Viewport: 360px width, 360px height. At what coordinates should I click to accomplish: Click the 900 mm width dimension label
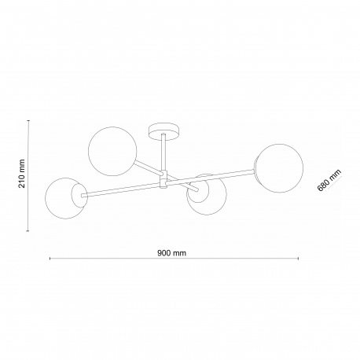pyautogui.click(x=171, y=253)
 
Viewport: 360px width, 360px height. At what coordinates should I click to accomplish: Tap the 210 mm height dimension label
pyautogui.click(x=21, y=174)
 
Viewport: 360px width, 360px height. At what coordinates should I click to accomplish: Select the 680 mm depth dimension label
pyautogui.click(x=329, y=180)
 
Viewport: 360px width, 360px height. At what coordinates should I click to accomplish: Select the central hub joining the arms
pyautogui.click(x=163, y=179)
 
